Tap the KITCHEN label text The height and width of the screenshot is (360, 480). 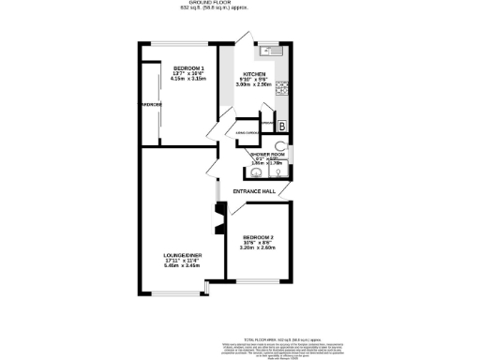(255, 74)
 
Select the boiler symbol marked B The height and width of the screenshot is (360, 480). (282, 126)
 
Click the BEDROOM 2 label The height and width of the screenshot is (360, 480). (258, 237)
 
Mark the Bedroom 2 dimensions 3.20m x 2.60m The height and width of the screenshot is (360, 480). (258, 248)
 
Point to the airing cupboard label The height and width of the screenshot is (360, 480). (247, 134)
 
